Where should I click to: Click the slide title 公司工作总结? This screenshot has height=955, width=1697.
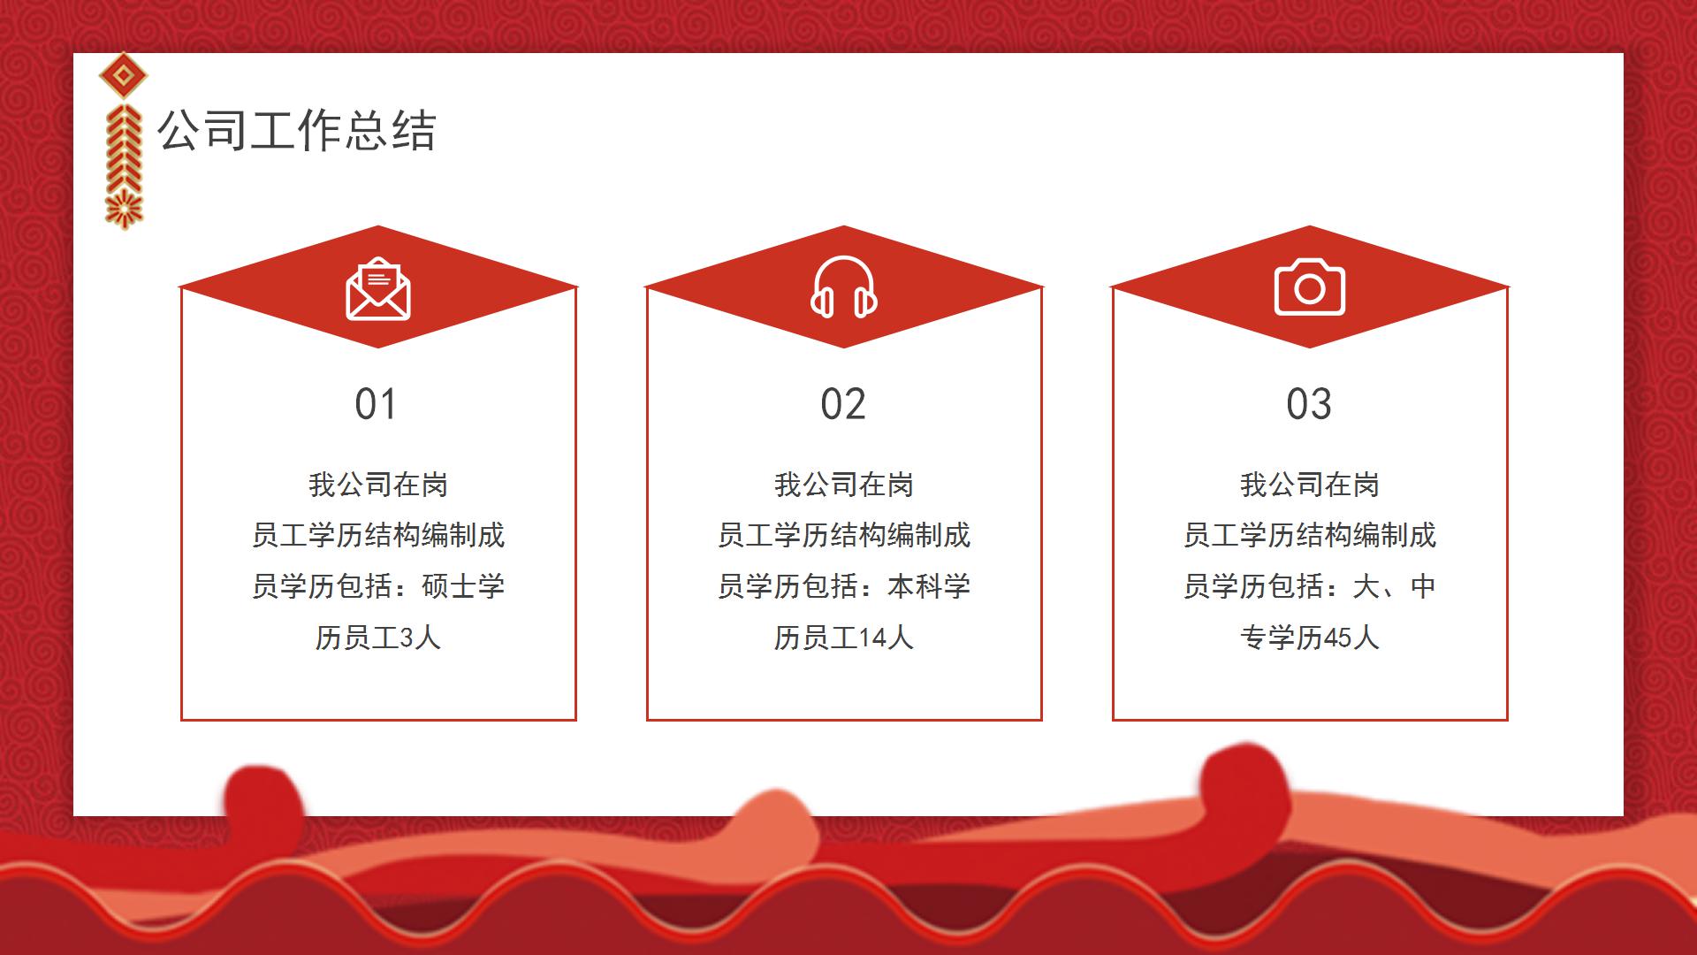pos(296,131)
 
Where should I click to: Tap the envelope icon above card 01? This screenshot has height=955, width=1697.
pos(378,289)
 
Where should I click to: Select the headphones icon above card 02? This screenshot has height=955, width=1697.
pos(844,287)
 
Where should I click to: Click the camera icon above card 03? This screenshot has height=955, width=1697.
pos(1309,287)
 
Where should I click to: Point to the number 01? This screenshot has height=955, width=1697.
pos(376,404)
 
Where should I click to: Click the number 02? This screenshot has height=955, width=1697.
pos(843,404)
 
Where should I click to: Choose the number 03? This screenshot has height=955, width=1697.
pos(1309,404)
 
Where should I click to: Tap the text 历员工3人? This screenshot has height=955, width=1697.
pos(378,638)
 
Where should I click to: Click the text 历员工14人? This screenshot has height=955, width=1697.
pos(844,638)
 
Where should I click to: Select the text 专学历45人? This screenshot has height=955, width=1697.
pos(1309,638)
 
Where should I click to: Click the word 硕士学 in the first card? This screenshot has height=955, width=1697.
pos(463,586)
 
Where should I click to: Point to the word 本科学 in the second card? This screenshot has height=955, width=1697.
pos(929,586)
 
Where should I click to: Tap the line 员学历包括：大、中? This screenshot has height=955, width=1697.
pos(1309,586)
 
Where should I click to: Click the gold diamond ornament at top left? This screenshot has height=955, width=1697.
pos(123,77)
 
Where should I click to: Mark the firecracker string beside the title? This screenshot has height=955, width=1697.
pos(124,166)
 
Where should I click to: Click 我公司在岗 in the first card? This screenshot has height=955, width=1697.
pos(378,485)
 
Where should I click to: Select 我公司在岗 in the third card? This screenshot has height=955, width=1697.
pos(1309,485)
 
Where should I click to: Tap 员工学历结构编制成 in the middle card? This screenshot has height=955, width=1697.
pos(844,535)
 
